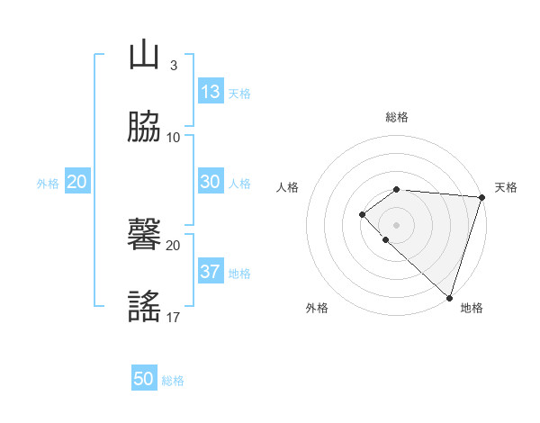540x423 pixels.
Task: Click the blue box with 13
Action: pos(211,91)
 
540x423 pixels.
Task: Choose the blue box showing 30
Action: pos(211,181)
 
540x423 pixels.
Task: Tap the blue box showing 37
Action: pos(211,271)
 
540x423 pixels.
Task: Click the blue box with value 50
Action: pos(144,379)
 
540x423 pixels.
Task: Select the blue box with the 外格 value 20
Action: pos(77,181)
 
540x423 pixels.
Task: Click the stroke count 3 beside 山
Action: pos(173,65)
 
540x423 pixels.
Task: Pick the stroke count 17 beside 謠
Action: pos(173,317)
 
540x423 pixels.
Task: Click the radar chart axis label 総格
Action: pos(397,117)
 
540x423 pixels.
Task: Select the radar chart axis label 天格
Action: pos(506,187)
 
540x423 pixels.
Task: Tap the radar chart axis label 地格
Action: pos(472,309)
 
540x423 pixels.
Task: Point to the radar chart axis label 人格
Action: pos(287,187)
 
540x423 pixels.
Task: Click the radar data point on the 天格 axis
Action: pos(482,196)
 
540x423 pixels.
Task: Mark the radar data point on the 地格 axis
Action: pos(449,297)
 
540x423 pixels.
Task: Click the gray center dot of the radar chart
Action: pos(397,224)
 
